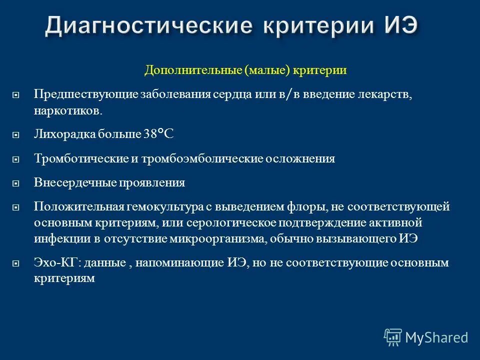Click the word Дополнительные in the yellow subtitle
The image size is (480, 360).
(x=193, y=70)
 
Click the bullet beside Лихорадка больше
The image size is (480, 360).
(x=15, y=134)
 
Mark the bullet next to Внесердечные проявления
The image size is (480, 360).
(x=15, y=183)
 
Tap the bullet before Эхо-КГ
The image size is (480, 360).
(x=15, y=262)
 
